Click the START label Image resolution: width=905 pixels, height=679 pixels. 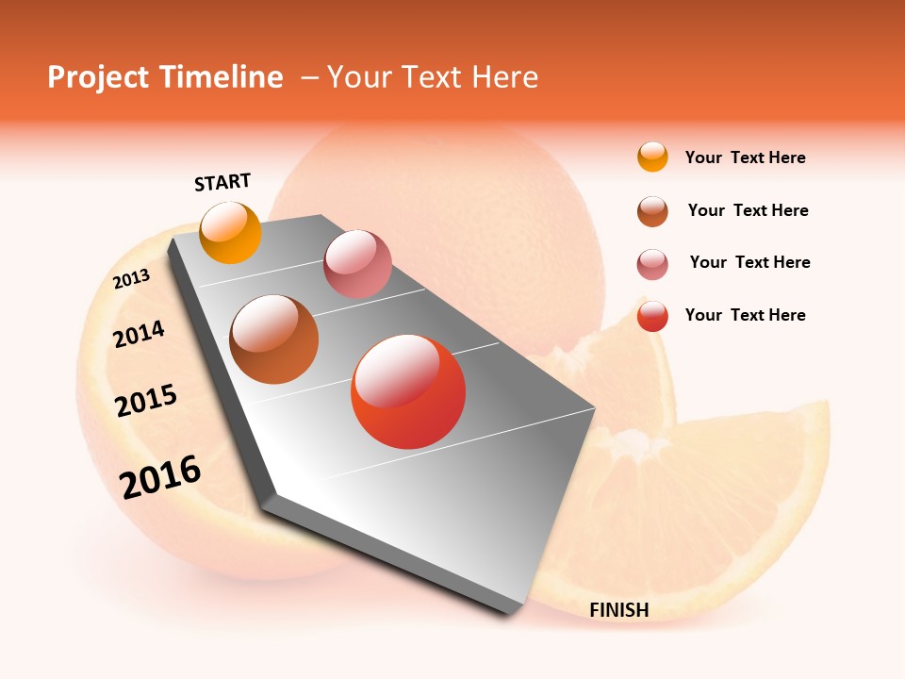coord(222,182)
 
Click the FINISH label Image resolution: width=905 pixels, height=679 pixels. coord(619,610)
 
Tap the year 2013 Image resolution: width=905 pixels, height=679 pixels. coord(132,279)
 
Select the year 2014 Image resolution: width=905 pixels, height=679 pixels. coord(140,335)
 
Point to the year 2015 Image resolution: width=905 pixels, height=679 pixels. coord(146,401)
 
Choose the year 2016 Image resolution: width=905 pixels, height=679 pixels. coord(160,476)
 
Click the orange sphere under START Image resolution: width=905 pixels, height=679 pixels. coord(231,232)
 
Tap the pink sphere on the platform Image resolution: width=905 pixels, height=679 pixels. coord(357,264)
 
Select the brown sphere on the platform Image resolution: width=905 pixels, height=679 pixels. coord(274,339)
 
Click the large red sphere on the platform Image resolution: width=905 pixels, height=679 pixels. coord(408,391)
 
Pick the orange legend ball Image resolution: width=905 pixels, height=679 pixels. coord(652,157)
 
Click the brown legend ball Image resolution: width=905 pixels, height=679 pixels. coord(652,211)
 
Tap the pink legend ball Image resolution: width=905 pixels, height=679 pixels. coord(652,264)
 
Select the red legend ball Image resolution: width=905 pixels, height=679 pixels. coord(652,316)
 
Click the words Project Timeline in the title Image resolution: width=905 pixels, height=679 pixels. coord(165,77)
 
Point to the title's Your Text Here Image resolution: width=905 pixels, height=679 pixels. coord(433,77)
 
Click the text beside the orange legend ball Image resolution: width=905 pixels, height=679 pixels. coord(745,158)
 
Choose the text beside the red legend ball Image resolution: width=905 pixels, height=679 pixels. coord(745,315)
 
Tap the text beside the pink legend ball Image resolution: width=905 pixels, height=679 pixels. coord(749,262)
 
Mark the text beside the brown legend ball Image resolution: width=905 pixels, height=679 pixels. coord(748,210)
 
